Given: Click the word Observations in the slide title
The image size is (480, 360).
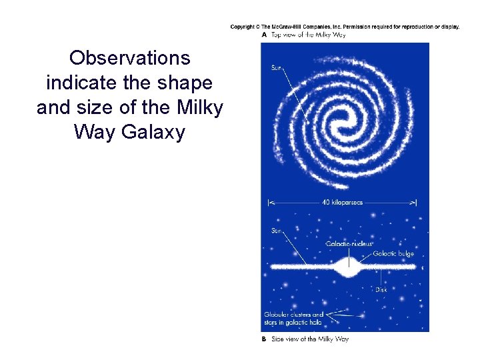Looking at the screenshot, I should pos(129,59).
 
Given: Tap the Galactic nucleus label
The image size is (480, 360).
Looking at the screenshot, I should pos(349,245).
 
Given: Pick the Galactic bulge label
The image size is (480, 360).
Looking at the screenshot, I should pos(393,253).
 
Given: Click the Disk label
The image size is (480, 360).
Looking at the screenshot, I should pos(381,289).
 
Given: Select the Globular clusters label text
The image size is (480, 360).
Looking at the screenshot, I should pos(293,315).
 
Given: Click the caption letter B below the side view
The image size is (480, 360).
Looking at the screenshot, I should pos(265,339).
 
